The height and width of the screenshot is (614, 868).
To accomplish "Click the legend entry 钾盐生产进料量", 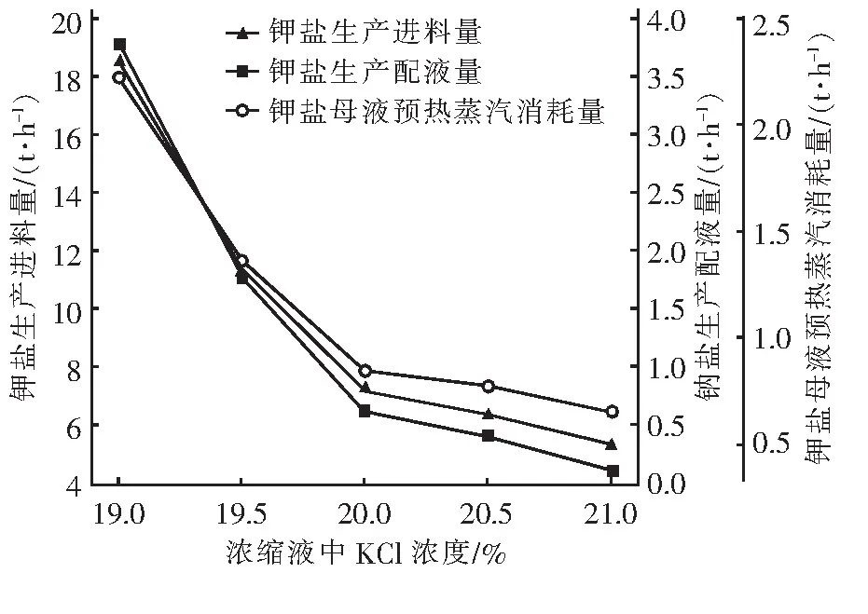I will [x=374, y=34].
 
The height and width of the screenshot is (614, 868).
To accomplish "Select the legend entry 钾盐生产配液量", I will [x=374, y=72].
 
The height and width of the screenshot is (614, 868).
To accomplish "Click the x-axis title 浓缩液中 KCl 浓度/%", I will [x=365, y=553].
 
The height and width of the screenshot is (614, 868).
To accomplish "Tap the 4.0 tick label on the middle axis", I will [x=666, y=20].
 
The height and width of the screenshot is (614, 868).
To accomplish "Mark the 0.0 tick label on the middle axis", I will [x=666, y=484].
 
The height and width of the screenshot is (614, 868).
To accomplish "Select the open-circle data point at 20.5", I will [x=488, y=387].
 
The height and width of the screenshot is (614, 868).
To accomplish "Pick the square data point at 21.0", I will [x=612, y=471].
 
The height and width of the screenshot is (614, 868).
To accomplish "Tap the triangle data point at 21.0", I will [x=612, y=444].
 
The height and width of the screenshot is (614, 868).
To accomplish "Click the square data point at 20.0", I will [x=365, y=411].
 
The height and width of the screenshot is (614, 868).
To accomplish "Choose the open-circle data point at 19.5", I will [x=242, y=262].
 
